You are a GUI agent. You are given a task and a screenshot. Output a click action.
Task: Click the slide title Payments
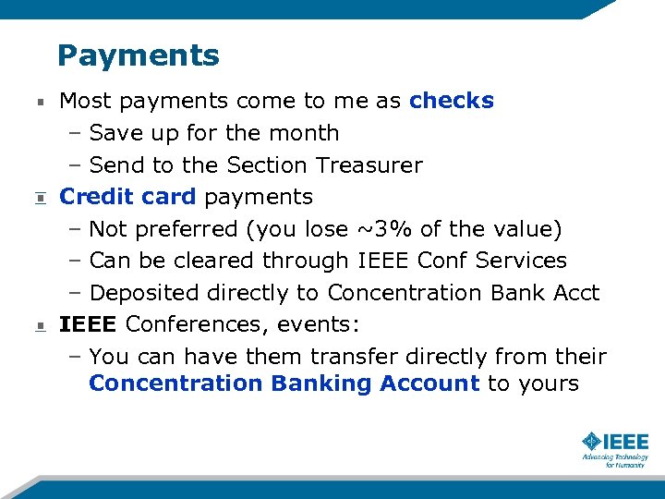click(x=138, y=56)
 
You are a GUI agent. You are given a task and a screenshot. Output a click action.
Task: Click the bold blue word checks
click(x=452, y=101)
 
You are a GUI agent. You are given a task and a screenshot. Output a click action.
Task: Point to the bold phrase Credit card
click(x=127, y=197)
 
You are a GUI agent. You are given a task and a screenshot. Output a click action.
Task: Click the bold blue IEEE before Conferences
click(x=88, y=324)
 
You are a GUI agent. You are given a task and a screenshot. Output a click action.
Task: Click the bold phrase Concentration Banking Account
click(x=284, y=383)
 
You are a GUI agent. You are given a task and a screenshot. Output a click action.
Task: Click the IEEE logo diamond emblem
click(x=592, y=441)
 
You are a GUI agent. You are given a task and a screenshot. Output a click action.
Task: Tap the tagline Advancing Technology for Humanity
click(x=614, y=460)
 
